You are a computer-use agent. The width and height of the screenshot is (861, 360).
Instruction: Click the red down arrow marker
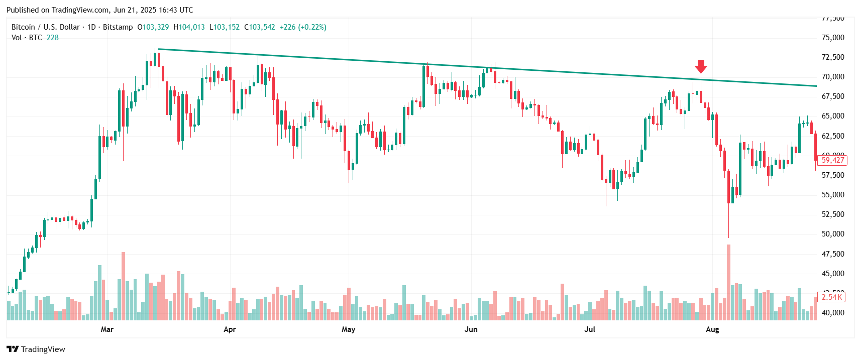coord(701,66)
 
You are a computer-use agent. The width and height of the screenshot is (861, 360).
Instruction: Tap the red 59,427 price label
coord(832,160)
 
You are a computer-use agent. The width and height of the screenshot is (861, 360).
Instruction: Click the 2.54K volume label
coord(832,297)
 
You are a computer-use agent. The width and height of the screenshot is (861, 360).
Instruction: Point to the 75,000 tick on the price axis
coord(832,38)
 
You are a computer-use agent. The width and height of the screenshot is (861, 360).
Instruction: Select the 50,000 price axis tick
coord(832,234)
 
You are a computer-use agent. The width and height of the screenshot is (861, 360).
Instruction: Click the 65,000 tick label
coord(832,116)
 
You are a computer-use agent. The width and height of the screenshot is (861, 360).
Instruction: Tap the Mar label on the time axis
coord(107,329)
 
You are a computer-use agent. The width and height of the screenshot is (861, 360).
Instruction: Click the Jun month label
coord(471,329)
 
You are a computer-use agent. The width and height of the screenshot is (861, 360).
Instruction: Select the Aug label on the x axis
coord(712,329)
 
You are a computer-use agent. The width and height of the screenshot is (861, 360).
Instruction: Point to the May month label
coord(348,329)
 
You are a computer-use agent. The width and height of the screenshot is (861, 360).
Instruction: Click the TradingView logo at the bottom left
coord(36,349)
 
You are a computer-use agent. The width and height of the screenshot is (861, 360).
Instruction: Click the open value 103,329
coord(156,27)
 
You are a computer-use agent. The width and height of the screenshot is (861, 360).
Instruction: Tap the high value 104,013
coord(192,27)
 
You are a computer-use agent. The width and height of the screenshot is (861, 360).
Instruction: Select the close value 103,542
coord(262,27)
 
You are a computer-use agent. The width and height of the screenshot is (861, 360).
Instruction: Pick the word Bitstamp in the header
coord(118,27)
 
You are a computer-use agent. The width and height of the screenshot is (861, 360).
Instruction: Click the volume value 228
coord(53,38)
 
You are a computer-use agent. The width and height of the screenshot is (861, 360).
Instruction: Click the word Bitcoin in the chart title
coord(23,27)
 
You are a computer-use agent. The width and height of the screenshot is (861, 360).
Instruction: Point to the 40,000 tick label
coord(832,313)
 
